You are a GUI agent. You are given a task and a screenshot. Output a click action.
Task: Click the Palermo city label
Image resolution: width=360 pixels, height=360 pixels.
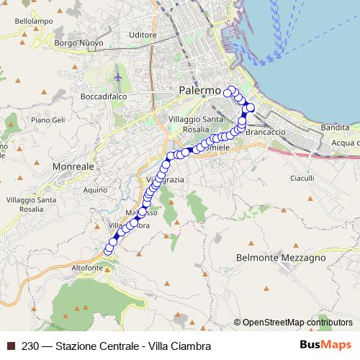197,91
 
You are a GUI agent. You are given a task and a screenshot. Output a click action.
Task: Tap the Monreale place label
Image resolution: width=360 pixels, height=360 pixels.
74,166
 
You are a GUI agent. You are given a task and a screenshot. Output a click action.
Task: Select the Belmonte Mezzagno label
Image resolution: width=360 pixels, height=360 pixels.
281,257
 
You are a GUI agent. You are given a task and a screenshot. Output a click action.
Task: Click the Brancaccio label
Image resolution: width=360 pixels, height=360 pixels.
266,132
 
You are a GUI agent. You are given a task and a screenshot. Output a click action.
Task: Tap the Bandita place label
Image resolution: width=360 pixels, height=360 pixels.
336,127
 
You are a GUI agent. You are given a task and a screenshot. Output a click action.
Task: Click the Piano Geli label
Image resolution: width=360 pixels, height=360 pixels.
48,120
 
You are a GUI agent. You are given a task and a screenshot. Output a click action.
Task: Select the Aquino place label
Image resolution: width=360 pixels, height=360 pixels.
95,189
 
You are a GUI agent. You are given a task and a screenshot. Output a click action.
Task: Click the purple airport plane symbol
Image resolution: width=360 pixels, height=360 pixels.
118,77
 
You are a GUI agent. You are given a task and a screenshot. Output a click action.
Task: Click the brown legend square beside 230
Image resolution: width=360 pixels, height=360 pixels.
11,346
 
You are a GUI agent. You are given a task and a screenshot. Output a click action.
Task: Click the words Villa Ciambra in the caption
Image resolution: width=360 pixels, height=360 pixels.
176,346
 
